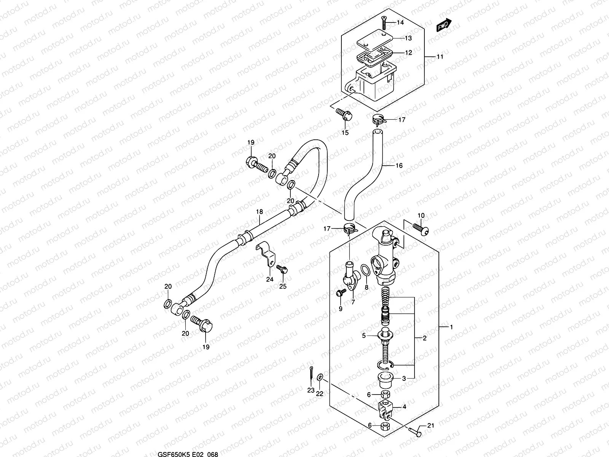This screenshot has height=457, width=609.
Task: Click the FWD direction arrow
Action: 444,25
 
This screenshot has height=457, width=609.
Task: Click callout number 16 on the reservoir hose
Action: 399,166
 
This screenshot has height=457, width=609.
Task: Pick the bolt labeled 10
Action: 420,228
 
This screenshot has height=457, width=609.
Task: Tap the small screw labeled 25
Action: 282,269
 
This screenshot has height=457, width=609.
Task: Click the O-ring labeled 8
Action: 364,271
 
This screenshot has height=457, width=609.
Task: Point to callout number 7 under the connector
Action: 352,302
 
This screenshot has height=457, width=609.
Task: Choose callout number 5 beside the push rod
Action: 364,336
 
